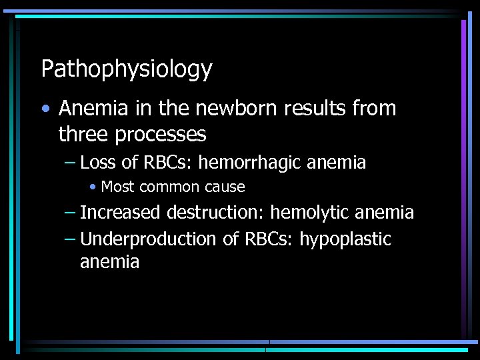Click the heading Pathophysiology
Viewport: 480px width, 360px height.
pos(127,69)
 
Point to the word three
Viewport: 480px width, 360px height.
pos(83,135)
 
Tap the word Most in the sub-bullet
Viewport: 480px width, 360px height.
pos(118,187)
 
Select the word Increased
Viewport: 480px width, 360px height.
pos(121,213)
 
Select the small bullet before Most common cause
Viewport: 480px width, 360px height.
pos(93,187)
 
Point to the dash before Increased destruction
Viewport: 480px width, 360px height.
pos(70,213)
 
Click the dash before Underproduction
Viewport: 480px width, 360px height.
pos(70,239)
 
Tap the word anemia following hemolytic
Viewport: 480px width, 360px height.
pos(385,213)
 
